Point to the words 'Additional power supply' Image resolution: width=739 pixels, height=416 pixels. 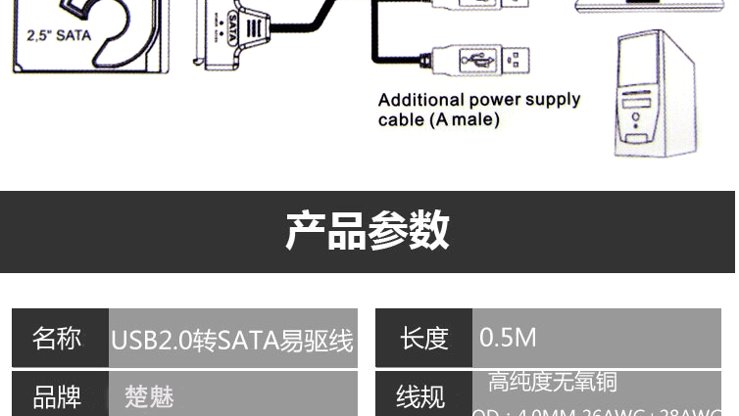point(479,100)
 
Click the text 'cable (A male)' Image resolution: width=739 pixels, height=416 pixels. point(438,120)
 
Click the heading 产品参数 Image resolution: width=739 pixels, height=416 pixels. point(368,231)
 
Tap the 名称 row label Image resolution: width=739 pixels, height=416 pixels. point(58,339)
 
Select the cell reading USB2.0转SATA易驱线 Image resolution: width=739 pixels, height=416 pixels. point(232,340)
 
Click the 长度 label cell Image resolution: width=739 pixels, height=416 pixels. point(423,339)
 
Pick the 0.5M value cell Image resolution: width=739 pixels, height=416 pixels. point(508,338)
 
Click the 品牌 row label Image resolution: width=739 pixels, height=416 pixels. point(58,397)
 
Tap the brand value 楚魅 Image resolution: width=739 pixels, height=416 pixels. point(149,397)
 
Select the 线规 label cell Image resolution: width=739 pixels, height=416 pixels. point(421,397)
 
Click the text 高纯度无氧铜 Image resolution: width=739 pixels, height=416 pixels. point(553,382)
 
